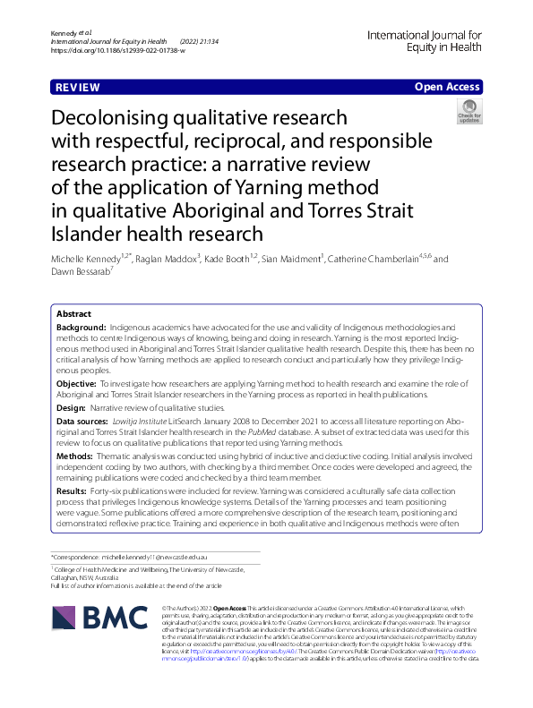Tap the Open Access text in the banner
point(447,87)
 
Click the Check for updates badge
point(468,112)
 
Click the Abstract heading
point(73,315)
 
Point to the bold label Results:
point(73,490)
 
